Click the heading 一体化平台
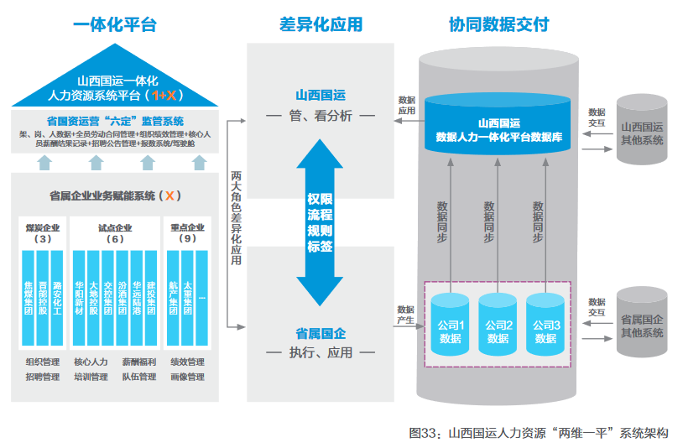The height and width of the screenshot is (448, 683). coord(115,24)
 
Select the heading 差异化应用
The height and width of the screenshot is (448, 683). coord(321,24)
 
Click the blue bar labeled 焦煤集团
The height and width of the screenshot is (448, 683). coord(28,297)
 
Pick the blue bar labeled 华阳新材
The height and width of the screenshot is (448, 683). coord(79,297)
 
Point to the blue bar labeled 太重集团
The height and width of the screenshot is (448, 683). coord(187,297)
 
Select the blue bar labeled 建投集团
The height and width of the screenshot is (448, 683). coord(150,297)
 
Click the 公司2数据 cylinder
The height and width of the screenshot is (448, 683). coord(498,322)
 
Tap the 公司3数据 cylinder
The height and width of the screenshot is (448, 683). coord(545,322)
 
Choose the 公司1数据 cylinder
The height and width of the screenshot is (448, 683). coord(450,322)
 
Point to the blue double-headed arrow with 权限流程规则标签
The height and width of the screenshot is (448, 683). coord(321,223)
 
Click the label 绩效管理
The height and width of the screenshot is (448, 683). coord(187,362)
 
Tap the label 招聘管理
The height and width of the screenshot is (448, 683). coord(43,378)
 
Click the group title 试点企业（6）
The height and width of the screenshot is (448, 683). coord(114,233)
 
